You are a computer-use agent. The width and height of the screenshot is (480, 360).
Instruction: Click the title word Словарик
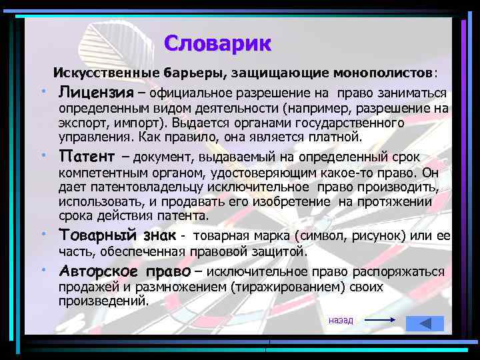(217, 43)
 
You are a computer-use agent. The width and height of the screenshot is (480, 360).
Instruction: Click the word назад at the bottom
(341, 321)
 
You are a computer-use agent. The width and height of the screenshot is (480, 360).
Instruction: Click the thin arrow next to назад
(381, 321)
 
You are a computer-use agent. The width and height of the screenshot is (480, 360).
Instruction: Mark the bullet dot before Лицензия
(41, 90)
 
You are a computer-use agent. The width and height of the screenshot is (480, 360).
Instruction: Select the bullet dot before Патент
(41, 155)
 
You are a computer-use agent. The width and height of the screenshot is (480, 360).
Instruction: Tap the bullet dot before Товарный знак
(41, 234)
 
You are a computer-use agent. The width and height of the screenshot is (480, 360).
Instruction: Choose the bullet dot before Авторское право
(41, 270)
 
